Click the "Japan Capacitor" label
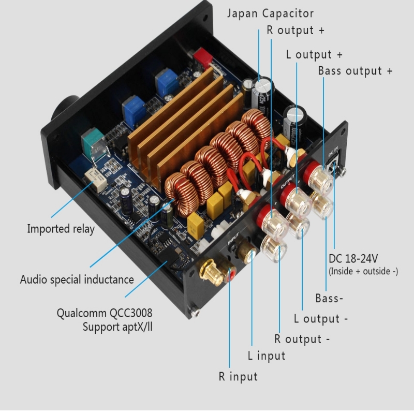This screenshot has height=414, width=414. click(270, 13)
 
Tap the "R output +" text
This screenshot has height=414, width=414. click(295, 30)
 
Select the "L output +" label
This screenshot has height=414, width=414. click(314, 54)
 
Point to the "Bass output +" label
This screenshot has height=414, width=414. click(355, 70)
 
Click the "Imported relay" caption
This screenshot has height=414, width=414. click(61, 228)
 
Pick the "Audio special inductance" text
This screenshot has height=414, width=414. click(77, 279)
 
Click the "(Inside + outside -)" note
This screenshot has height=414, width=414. click(363, 271)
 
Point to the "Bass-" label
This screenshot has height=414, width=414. click(329, 298)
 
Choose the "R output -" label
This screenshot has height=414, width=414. click(302, 339)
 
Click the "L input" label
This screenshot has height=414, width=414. click(267, 356)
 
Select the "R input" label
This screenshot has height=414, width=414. click(238, 376)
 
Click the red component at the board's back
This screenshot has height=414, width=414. click(203, 57)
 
